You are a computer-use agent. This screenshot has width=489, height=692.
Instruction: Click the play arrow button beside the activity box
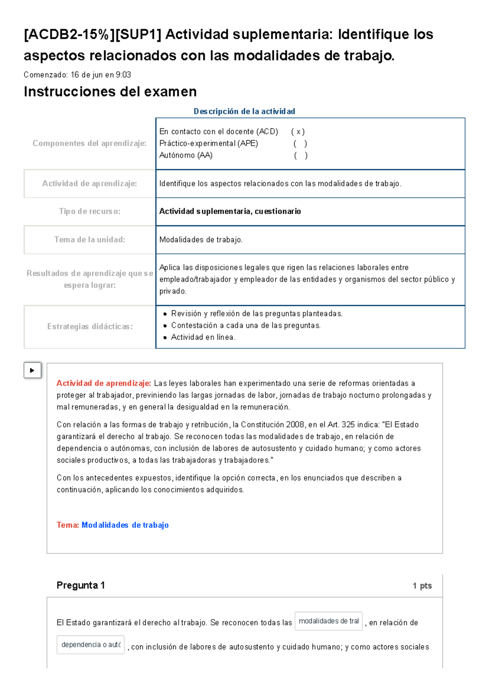[x=32, y=370]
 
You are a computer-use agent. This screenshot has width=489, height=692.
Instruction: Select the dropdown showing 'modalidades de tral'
[x=328, y=621]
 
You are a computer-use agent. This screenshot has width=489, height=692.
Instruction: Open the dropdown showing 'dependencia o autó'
[x=90, y=645]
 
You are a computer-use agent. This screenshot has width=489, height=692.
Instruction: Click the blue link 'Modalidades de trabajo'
[x=125, y=525]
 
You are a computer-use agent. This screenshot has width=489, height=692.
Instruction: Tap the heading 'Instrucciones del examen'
[x=110, y=92]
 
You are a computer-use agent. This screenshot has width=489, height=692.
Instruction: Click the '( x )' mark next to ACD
[x=298, y=132]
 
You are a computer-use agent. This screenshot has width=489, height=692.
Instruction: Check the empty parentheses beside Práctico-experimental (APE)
[x=300, y=144]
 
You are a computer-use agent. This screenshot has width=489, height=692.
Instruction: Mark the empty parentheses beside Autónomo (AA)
[x=301, y=155]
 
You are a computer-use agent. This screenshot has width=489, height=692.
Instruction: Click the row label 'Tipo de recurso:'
[x=90, y=211]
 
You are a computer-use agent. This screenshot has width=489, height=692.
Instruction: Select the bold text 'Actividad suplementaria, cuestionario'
[x=230, y=211]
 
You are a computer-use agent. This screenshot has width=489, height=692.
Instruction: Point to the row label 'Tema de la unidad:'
[x=90, y=240]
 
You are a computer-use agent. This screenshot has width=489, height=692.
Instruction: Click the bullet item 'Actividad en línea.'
[x=203, y=337]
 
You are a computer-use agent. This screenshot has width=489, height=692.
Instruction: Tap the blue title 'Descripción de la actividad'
[x=244, y=111]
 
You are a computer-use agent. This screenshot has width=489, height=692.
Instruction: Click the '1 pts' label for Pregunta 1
[x=422, y=586]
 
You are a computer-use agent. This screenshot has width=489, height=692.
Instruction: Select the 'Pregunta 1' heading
[x=81, y=586]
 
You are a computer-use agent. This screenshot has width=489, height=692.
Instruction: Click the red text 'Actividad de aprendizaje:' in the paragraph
[x=104, y=383]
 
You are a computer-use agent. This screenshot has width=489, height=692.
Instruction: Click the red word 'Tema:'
[x=68, y=525]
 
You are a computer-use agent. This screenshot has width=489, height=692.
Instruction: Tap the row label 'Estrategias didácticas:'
[x=90, y=327]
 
